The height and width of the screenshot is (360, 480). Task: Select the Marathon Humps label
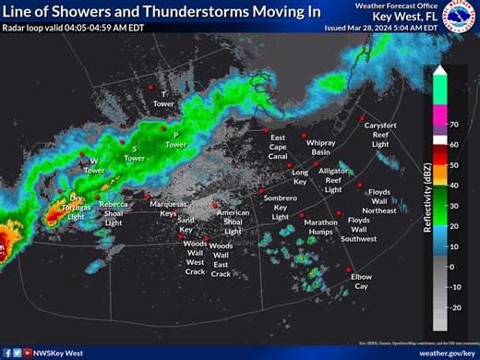point(321,227)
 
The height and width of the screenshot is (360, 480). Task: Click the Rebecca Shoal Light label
point(114,213)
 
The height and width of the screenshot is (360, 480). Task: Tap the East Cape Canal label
point(278,147)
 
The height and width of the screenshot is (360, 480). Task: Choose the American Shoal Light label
point(233,222)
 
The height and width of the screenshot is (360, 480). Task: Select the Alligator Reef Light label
point(333,180)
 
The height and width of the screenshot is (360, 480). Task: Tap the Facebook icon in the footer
point(7,353)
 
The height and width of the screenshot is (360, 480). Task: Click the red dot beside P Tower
point(164,133)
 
